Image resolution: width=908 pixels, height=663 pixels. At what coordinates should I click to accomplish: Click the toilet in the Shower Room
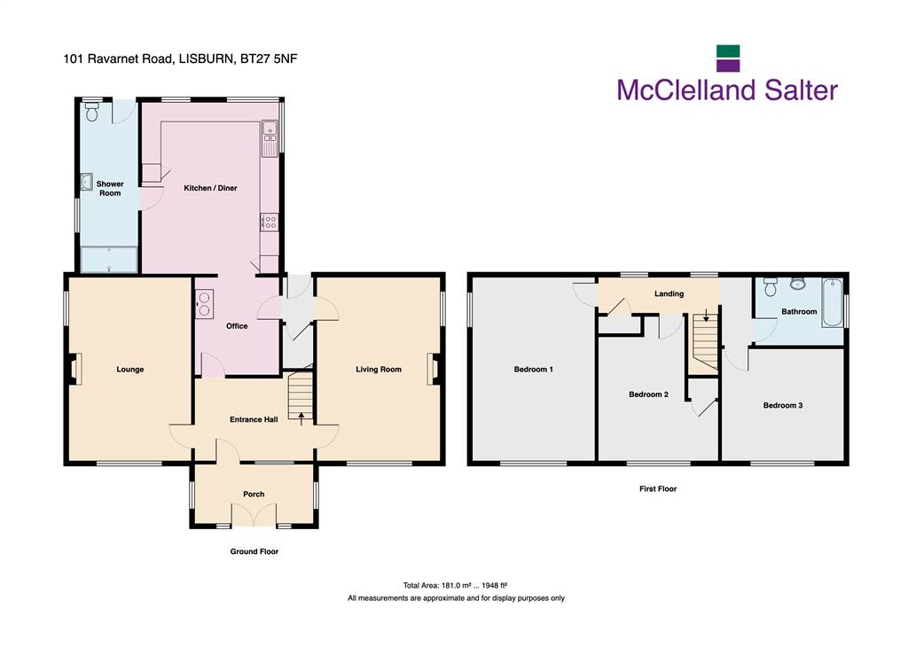(92, 111)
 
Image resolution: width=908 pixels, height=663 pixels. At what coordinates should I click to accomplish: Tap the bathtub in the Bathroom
(832, 303)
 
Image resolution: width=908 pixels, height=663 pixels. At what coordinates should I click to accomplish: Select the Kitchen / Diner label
(210, 188)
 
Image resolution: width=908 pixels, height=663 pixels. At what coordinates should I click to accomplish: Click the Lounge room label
(129, 369)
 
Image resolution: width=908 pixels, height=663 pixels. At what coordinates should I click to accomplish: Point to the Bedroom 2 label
(648, 394)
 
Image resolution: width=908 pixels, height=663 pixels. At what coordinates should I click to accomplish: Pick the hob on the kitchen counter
(270, 222)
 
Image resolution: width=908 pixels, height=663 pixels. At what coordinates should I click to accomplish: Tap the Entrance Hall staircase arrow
(301, 418)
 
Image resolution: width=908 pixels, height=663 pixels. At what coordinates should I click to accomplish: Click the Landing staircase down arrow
(706, 316)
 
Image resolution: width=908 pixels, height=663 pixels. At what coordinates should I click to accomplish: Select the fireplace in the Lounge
(74, 369)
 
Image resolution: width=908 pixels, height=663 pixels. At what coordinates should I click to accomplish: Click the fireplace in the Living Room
(434, 369)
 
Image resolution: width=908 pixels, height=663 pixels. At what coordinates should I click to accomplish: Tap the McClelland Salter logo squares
(728, 58)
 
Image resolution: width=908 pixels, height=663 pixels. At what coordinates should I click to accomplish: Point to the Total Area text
(455, 585)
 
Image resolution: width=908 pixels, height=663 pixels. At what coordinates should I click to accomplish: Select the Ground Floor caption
(254, 551)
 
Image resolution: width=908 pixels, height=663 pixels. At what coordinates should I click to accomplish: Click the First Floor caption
(658, 488)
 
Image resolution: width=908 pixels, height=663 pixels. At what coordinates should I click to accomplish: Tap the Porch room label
(254, 494)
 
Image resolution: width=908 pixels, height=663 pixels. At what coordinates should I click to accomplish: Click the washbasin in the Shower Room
(87, 182)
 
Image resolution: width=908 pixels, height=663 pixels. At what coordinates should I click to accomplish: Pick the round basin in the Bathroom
(798, 283)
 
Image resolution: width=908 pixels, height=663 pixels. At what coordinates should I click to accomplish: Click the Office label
(236, 326)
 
